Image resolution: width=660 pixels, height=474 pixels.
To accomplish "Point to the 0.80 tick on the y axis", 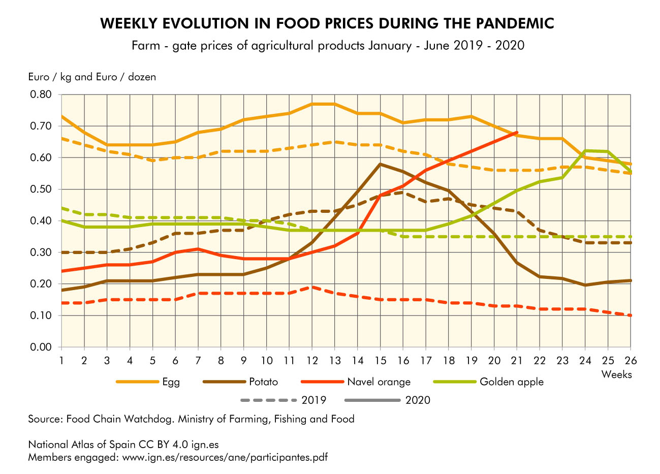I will click(x=41, y=94).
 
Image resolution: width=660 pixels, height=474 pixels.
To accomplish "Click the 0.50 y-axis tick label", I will click(x=41, y=189).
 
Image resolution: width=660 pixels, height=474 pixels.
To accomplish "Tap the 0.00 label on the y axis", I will click(x=41, y=347).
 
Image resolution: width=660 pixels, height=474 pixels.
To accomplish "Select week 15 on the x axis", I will click(x=380, y=360).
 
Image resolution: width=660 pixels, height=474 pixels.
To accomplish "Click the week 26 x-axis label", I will click(x=630, y=360).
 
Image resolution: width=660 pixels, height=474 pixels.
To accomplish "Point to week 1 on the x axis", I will click(x=61, y=360).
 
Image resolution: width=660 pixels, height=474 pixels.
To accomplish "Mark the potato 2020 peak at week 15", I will click(x=380, y=164).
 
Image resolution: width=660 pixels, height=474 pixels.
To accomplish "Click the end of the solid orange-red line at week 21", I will click(x=517, y=133).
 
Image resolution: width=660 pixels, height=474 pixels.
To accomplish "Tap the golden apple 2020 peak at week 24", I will click(x=585, y=150).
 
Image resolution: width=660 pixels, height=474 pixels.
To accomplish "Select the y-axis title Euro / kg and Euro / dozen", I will click(x=92, y=77).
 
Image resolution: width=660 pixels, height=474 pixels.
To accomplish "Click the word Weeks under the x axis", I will click(x=616, y=374).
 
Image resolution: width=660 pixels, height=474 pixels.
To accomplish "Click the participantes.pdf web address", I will click(x=224, y=457).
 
